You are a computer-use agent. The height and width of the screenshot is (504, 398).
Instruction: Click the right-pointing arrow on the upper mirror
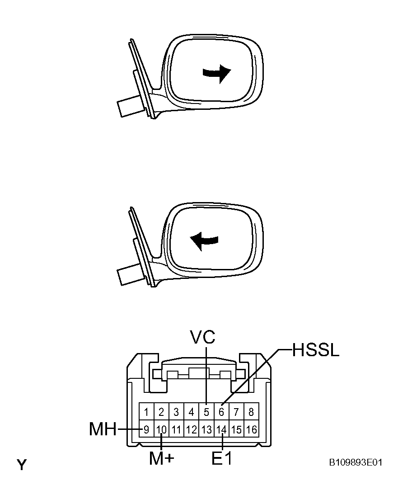[217, 73]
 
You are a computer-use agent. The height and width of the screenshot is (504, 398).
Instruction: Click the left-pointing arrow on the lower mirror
[204, 241]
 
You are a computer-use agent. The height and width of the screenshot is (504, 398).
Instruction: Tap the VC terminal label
[202, 337]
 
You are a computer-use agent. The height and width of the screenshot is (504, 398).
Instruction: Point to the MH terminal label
[103, 429]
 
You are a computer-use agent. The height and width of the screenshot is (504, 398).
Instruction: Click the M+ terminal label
[162, 458]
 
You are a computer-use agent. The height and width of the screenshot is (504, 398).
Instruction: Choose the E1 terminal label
[222, 458]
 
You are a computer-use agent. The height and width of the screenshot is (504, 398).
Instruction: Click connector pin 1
[146, 412]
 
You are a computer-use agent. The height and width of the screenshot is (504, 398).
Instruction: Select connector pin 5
[206, 412]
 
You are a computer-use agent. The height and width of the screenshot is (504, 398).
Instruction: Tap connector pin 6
[222, 412]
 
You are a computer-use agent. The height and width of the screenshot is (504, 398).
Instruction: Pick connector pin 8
[252, 412]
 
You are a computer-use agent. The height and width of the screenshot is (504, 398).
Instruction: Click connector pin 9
[146, 429]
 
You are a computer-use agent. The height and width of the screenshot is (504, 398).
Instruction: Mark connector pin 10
[162, 429]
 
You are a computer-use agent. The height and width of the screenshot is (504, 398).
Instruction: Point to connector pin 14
[222, 429]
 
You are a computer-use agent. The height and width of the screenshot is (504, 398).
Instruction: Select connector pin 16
[252, 429]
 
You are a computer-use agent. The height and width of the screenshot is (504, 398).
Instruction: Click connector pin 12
[192, 429]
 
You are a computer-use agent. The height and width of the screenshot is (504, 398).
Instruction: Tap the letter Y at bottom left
[22, 465]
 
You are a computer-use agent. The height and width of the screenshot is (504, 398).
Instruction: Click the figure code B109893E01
[356, 462]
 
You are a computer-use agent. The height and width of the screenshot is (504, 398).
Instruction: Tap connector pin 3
[176, 412]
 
